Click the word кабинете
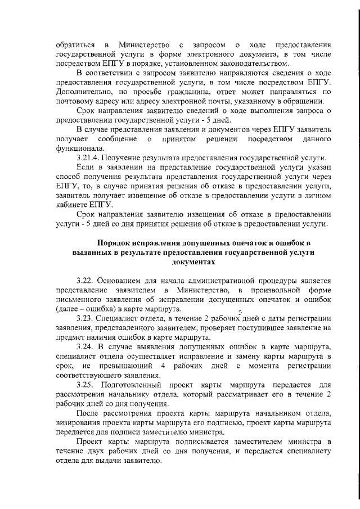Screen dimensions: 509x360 [73, 205]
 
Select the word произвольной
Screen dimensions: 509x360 [270, 289]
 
